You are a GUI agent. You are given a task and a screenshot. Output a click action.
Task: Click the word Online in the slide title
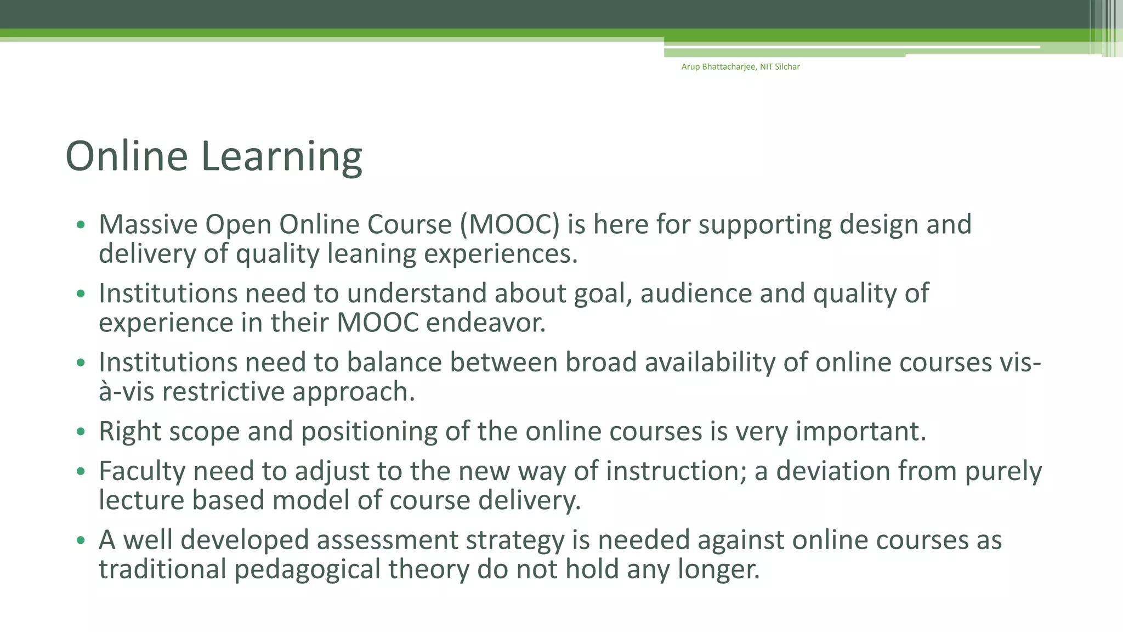[127, 156]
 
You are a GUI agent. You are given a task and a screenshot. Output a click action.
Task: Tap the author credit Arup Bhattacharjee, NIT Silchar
[740, 67]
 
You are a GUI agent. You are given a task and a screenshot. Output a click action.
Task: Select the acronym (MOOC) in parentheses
[509, 225]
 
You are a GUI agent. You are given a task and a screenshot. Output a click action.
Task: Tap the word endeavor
[486, 323]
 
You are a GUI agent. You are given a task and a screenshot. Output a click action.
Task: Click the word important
[860, 432]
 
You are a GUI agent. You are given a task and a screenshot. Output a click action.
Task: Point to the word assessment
[387, 540]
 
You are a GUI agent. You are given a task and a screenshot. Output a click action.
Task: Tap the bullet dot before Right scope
[81, 432]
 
